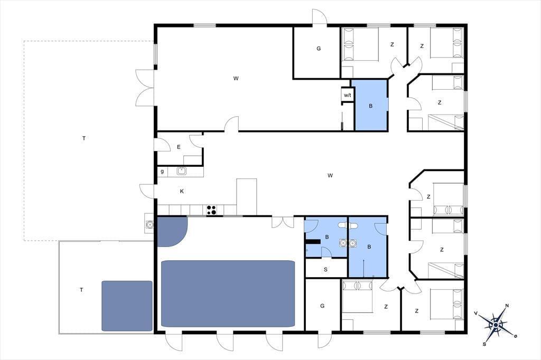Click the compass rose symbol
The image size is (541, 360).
tap(496, 325)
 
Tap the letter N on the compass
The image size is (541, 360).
tap(507, 306)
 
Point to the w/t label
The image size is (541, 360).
tap(348, 95)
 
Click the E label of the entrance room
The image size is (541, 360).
tap(179, 147)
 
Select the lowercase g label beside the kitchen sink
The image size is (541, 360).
tap(162, 171)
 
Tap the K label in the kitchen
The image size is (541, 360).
tap(182, 192)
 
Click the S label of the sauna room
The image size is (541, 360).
tap(325, 269)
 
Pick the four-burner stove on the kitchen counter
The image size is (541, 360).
tap(211, 210)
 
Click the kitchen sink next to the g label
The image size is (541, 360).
tap(182, 171)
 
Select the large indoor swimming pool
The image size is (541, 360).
tap(228, 293)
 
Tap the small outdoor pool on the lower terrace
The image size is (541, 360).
tap(127, 306)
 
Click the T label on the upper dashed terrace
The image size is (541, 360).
tap(84, 138)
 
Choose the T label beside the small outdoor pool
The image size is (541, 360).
tap(81, 290)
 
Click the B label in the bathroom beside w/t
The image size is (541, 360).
tap(370, 106)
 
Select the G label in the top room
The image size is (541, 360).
tap(319, 49)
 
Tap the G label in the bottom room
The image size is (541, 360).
tap(322, 306)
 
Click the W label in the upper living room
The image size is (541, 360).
tap(236, 78)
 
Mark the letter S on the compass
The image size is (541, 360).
tap(484, 344)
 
